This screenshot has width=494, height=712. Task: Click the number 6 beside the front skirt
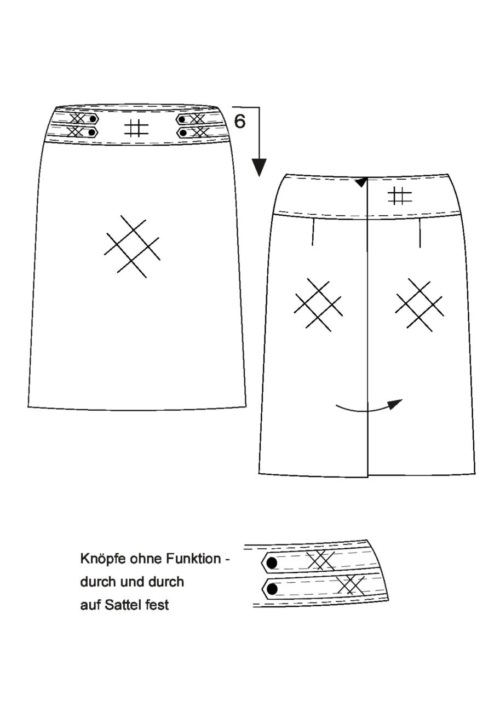[240, 121]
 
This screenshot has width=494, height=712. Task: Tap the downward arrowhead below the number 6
[259, 168]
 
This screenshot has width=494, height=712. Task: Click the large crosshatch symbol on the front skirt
[131, 246]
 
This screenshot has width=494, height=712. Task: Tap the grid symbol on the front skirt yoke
[136, 128]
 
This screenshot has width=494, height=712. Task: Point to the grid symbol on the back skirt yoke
[400, 196]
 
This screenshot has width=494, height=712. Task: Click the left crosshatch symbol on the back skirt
[318, 304]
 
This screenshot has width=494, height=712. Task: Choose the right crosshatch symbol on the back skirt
[418, 304]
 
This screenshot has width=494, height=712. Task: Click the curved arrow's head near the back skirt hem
[396, 403]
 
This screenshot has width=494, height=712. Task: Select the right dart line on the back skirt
[420, 233]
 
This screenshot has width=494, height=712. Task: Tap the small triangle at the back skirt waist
[360, 182]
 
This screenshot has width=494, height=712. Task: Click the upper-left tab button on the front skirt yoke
[93, 119]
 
